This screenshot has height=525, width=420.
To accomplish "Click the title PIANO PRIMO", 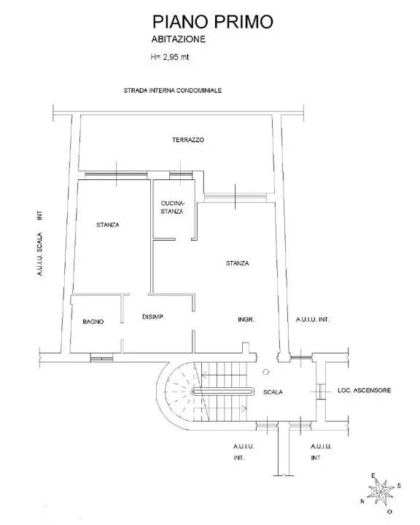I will coord(212,23).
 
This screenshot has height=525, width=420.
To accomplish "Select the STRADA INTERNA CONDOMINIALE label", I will coord(172,91).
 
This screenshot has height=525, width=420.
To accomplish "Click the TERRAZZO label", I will coord(187,139).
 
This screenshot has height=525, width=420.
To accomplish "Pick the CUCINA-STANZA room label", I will coord(172,206).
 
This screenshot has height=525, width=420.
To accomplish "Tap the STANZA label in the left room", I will coord(107,225).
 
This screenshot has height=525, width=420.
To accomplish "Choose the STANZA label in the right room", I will coord(238,263).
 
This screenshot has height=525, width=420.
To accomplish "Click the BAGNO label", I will coord(93,321).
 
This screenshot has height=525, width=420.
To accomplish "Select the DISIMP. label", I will coord(152,316).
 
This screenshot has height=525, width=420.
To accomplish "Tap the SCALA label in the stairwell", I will coord(273,392).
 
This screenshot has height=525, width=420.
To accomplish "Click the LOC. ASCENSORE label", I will coord(365,391).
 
